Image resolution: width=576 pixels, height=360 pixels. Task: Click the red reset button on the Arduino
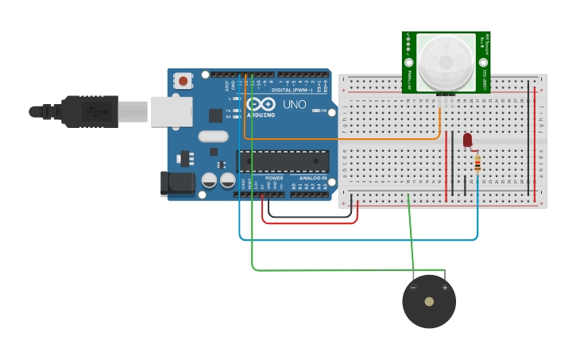184,80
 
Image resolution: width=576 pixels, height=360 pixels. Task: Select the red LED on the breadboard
467,140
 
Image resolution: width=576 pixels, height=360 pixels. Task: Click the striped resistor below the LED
477,165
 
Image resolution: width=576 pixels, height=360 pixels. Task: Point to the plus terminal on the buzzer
445,287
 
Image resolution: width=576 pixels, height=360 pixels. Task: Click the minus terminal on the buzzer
413,287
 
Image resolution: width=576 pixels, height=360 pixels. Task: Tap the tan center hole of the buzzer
429,302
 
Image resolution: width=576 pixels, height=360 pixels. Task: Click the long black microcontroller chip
284,161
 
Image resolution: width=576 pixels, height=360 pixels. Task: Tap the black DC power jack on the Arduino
176,184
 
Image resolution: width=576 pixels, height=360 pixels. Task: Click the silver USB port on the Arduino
172,111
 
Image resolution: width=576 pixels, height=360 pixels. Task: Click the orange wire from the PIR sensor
342,140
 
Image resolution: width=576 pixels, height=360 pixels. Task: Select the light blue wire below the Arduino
358,239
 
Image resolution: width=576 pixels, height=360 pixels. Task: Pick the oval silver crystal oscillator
214,136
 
